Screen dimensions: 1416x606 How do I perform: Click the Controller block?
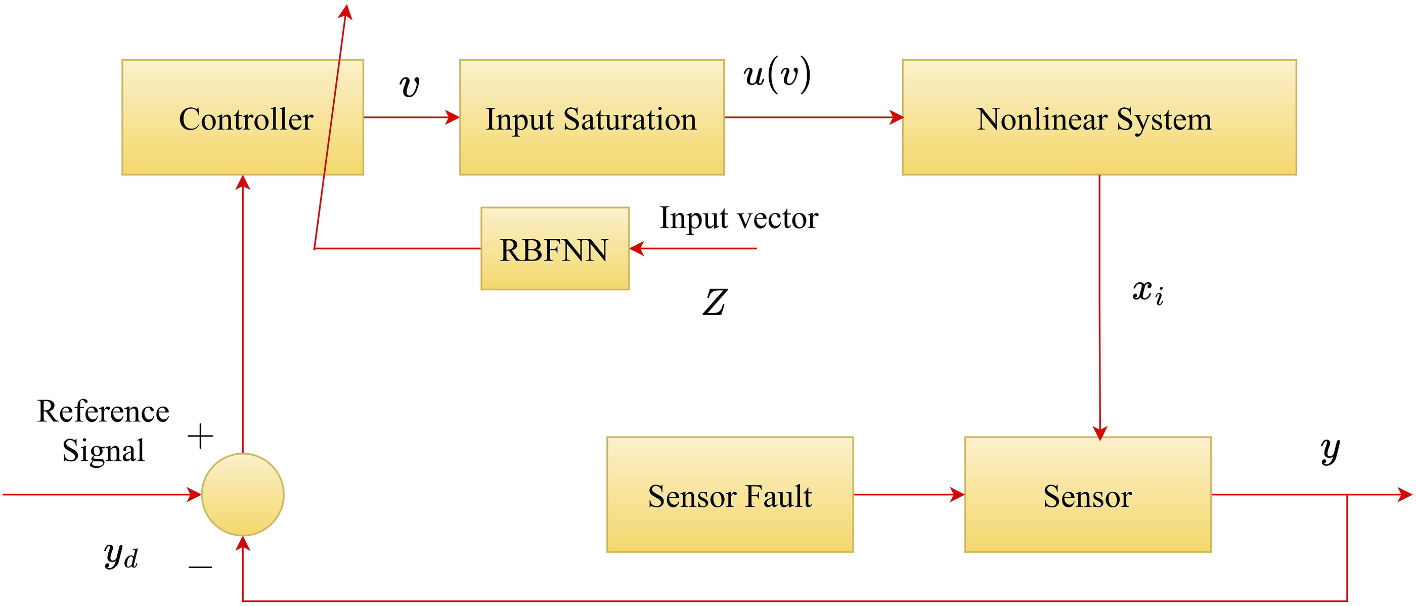242,117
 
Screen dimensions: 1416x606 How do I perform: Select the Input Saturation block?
592,117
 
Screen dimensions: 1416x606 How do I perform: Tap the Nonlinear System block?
1099,117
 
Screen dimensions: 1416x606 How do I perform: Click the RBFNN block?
555,248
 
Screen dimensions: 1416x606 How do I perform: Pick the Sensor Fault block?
730,494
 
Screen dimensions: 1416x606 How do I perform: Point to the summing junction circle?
242,494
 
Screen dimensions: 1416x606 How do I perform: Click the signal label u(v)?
777,75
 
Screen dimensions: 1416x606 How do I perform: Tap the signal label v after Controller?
410,86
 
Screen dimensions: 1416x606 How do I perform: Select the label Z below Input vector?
715,302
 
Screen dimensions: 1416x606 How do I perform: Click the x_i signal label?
1148,291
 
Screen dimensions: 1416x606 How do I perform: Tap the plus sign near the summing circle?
200,437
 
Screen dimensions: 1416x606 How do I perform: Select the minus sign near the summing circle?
200,567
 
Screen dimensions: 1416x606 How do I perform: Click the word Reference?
103,411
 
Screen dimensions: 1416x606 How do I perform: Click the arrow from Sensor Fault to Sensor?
909,494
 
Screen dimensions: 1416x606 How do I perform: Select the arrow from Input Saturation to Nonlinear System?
814,117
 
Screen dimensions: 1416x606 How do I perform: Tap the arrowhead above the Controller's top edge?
345,11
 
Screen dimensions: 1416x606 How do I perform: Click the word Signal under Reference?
103,451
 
